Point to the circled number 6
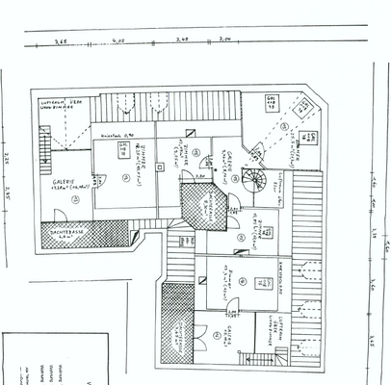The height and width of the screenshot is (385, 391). [x=245, y=281]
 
